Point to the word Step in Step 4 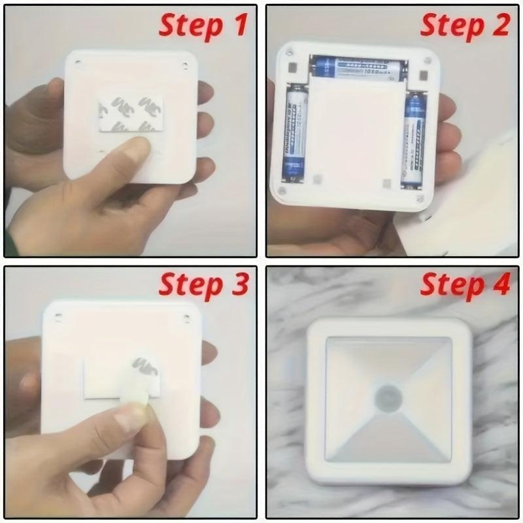tap(451, 286)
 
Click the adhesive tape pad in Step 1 tap(128, 112)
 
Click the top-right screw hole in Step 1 tap(185, 64)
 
